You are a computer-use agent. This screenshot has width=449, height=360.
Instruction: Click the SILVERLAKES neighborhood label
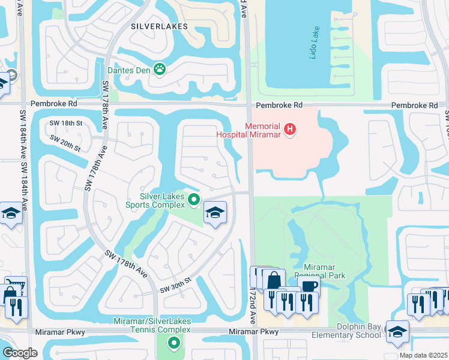click(159, 26)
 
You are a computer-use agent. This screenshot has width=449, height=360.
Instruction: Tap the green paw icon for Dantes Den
click(160, 70)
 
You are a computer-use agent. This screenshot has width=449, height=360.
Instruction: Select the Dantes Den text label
click(131, 70)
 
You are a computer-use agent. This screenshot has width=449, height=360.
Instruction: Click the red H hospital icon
click(290, 128)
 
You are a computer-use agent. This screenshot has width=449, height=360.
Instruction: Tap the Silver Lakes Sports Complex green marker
click(193, 200)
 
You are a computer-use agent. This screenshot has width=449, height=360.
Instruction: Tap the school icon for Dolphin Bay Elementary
click(397, 331)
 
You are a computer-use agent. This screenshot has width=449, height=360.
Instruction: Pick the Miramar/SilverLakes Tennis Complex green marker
click(173, 343)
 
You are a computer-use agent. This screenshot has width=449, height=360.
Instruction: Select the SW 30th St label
click(175, 286)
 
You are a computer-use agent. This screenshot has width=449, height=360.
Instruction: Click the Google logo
click(20, 353)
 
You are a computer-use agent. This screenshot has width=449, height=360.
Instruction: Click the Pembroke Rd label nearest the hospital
click(279, 106)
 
